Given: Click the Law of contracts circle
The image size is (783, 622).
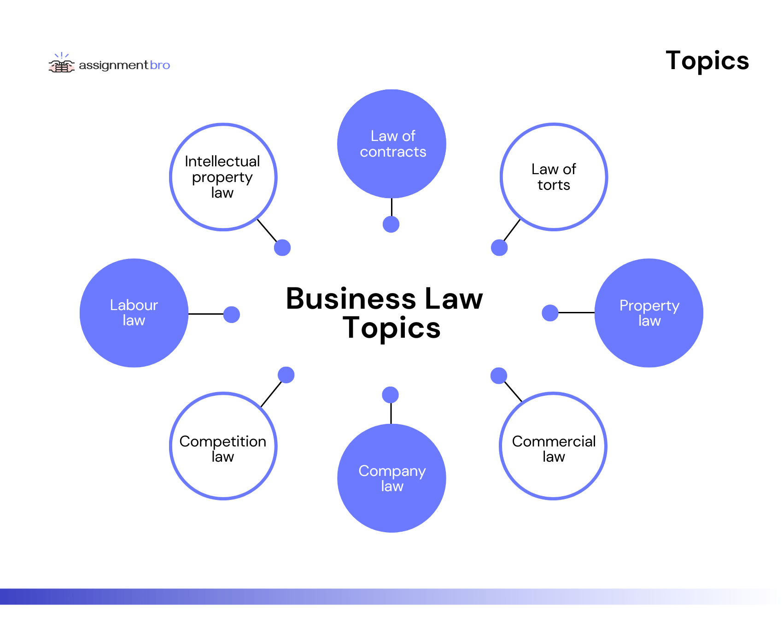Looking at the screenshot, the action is (x=391, y=144).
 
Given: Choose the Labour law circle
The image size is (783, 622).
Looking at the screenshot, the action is (x=134, y=313).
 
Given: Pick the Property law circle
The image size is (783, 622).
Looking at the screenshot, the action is (x=649, y=313).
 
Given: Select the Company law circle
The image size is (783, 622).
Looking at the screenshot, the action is (x=391, y=478).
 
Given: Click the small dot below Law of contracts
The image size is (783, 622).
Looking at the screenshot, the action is (x=391, y=224).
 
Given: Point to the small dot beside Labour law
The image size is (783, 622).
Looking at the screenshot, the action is (x=232, y=315).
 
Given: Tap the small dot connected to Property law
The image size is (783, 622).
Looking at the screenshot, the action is (x=550, y=313).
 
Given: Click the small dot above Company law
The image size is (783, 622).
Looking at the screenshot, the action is (x=391, y=395).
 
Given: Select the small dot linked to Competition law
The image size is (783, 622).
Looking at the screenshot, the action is (x=286, y=375).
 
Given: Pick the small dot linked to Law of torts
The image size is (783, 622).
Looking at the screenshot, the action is (x=499, y=247).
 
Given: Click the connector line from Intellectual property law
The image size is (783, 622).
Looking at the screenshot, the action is (x=267, y=230).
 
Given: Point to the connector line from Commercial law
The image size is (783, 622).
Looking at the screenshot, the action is (x=513, y=392).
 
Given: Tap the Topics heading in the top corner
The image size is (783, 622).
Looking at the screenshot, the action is (x=707, y=61).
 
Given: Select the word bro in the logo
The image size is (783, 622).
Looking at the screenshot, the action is (x=160, y=65).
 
